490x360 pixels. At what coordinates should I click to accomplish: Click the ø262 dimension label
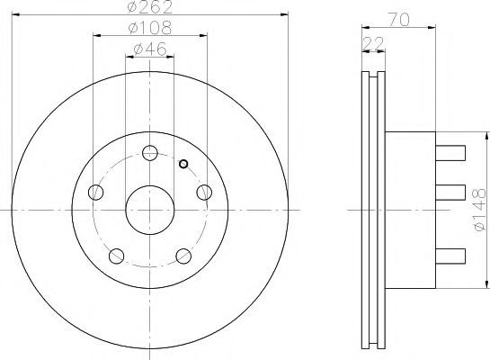[150, 7]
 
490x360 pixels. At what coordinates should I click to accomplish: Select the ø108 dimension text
[150, 28]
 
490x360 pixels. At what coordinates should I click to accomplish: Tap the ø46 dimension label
[150, 49]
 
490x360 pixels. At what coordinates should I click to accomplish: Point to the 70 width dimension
[399, 20]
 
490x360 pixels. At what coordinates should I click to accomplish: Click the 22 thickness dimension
[373, 43]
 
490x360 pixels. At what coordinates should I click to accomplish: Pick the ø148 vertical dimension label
[480, 210]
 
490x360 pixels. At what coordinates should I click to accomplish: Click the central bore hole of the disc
[150, 210]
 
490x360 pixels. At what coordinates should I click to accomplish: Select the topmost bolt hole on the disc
[150, 153]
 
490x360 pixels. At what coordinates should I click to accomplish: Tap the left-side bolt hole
[96, 192]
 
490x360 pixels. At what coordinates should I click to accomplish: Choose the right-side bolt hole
[204, 192]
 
